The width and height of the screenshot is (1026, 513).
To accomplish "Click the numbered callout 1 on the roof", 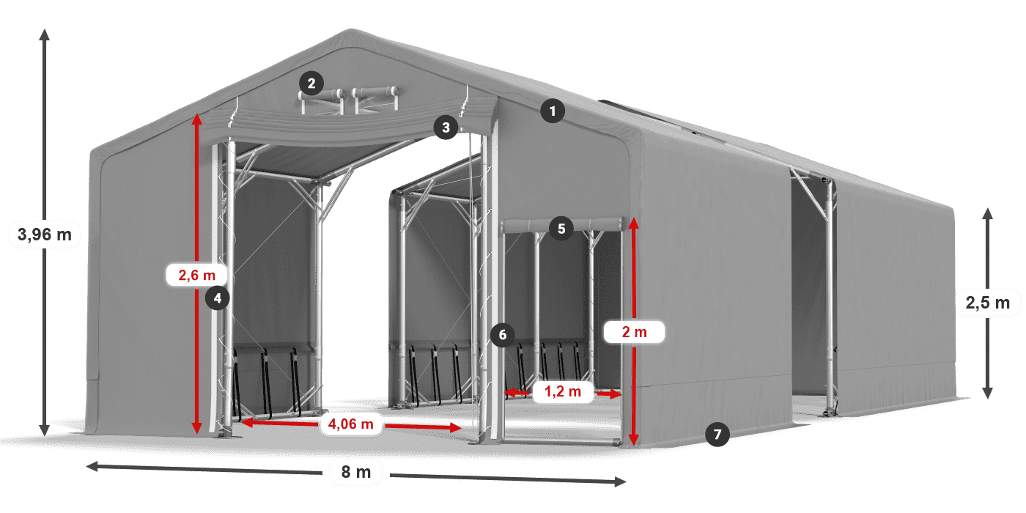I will coord(553,111).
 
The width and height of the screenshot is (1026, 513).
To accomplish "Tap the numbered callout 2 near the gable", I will coord(311,83).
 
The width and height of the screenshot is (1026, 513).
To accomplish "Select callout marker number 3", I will coord(445,128).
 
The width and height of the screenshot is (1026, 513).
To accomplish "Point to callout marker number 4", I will coord(218,298).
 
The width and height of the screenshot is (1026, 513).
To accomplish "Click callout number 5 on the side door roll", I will coord(561,228).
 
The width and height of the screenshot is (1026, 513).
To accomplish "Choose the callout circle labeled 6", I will coord(502,336).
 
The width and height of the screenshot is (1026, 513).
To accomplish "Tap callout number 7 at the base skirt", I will coord(717,435).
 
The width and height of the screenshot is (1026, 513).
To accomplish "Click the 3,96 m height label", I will coord(44,235).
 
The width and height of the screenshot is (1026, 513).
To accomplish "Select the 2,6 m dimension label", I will coord(197,276).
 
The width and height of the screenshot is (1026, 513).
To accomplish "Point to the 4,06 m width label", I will coord(351,423).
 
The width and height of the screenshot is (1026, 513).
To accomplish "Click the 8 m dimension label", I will coord(356,472).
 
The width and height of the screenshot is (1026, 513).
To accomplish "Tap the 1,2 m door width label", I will coord(562,392).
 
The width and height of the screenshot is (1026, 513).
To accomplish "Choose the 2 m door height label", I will coord(634,332).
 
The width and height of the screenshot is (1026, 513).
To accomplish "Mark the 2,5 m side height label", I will coord(988,302).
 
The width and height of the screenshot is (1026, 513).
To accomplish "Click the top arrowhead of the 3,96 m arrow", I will coord(44,33).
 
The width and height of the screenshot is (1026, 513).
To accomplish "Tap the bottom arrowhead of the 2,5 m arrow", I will coord(988,394).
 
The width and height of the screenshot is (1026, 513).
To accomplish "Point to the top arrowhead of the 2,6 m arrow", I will coord(197,117).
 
